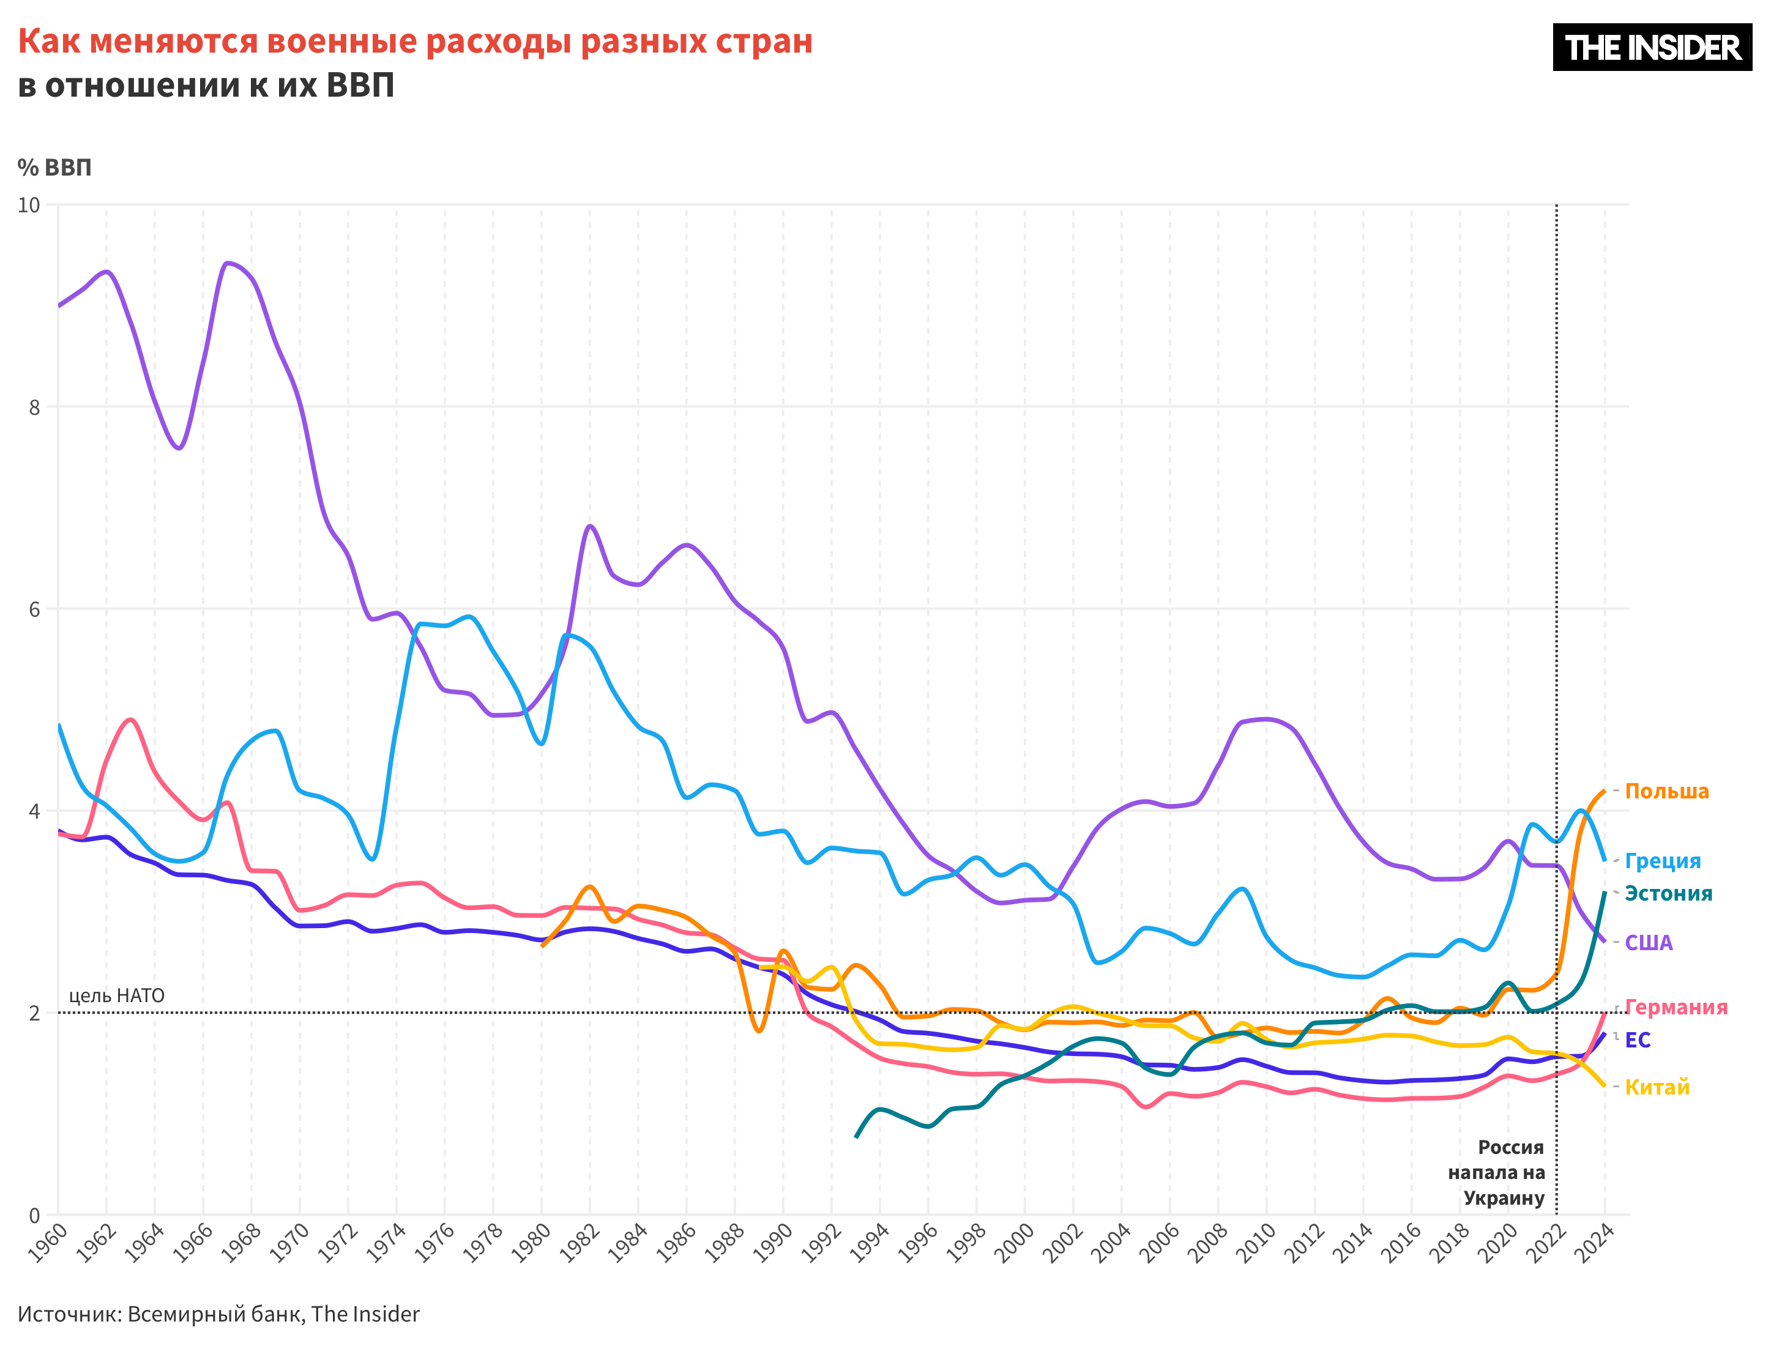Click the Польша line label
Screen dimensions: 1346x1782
coord(1666,791)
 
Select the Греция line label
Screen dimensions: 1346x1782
coord(1662,861)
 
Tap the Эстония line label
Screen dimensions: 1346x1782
coord(1668,893)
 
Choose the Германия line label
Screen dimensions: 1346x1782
coord(1676,1007)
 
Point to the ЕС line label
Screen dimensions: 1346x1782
coord(1638,1040)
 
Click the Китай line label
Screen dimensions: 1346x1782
coord(1657,1087)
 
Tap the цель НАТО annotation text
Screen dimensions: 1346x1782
coord(117,995)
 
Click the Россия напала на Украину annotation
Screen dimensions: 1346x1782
coord(1497,1172)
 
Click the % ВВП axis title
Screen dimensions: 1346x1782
coord(55,168)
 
